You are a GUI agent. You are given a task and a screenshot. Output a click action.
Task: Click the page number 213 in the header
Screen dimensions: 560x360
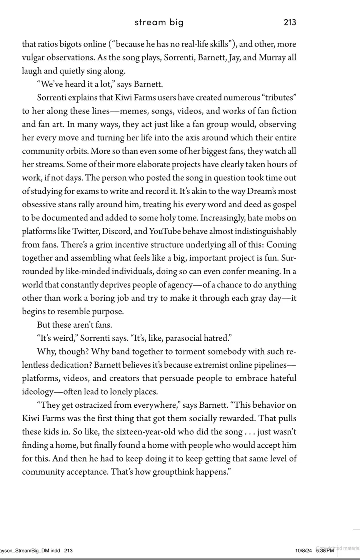click(290, 22)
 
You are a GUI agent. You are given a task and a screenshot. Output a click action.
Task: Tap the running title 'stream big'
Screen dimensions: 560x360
click(159, 22)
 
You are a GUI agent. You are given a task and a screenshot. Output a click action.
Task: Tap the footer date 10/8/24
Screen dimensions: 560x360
click(303, 550)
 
